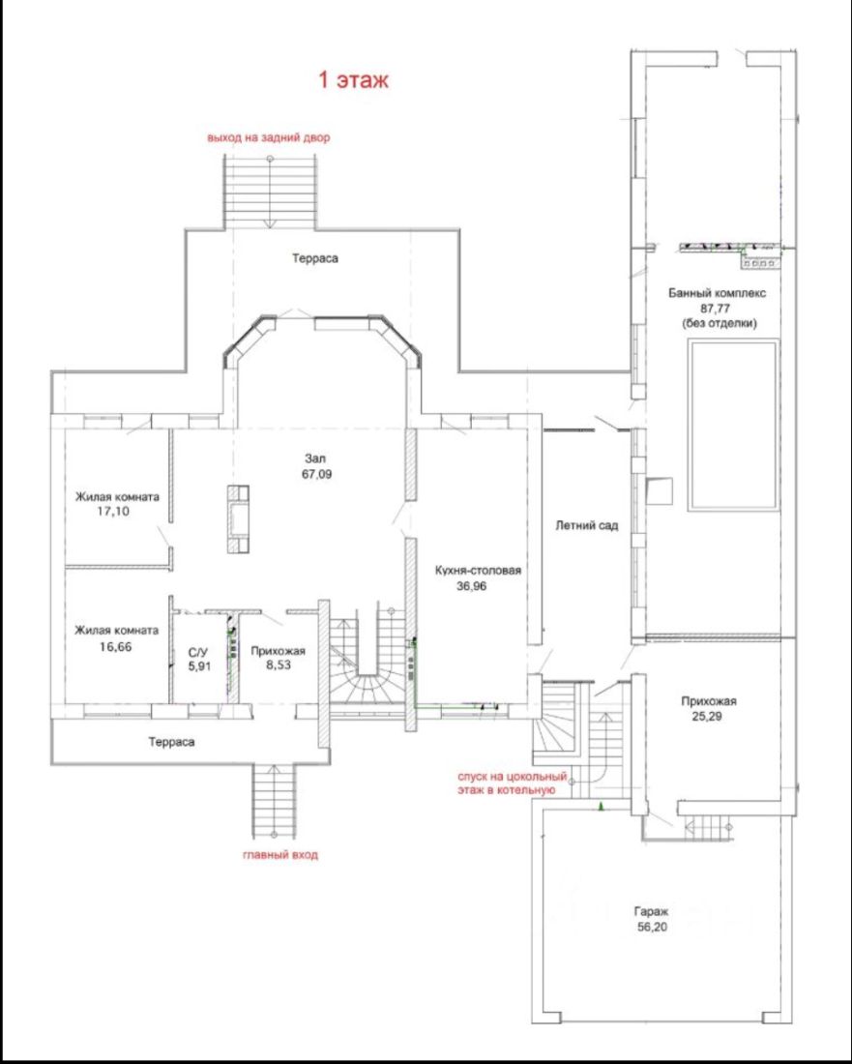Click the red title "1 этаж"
tap(353, 80)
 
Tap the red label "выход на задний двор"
tap(269, 137)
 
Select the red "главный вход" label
tap(280, 855)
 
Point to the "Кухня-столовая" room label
tap(479, 571)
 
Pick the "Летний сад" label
tap(587, 525)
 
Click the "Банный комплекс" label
tap(717, 294)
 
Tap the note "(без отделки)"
tap(720, 324)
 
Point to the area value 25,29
tap(710, 715)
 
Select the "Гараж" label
tap(651, 913)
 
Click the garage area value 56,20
tap(651, 928)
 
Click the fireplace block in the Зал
tap(238, 519)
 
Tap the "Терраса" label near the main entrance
tap(172, 742)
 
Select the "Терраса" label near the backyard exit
tap(315, 258)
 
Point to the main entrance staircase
tap(276, 802)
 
